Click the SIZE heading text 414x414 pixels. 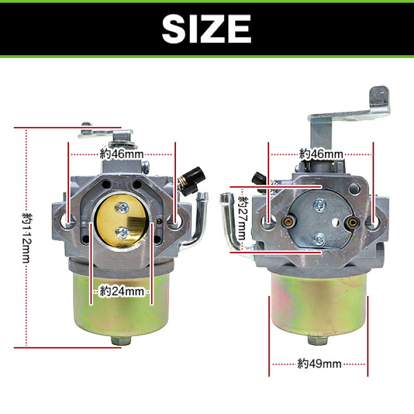click(206, 29)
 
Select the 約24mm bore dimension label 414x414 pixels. click(122, 292)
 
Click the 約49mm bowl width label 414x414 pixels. click(319, 364)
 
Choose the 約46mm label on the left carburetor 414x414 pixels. click(122, 154)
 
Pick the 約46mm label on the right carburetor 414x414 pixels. click(321, 154)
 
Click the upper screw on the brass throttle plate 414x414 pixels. click(122, 208)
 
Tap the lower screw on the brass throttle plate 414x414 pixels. click(122, 233)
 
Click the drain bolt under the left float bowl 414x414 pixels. click(121, 340)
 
